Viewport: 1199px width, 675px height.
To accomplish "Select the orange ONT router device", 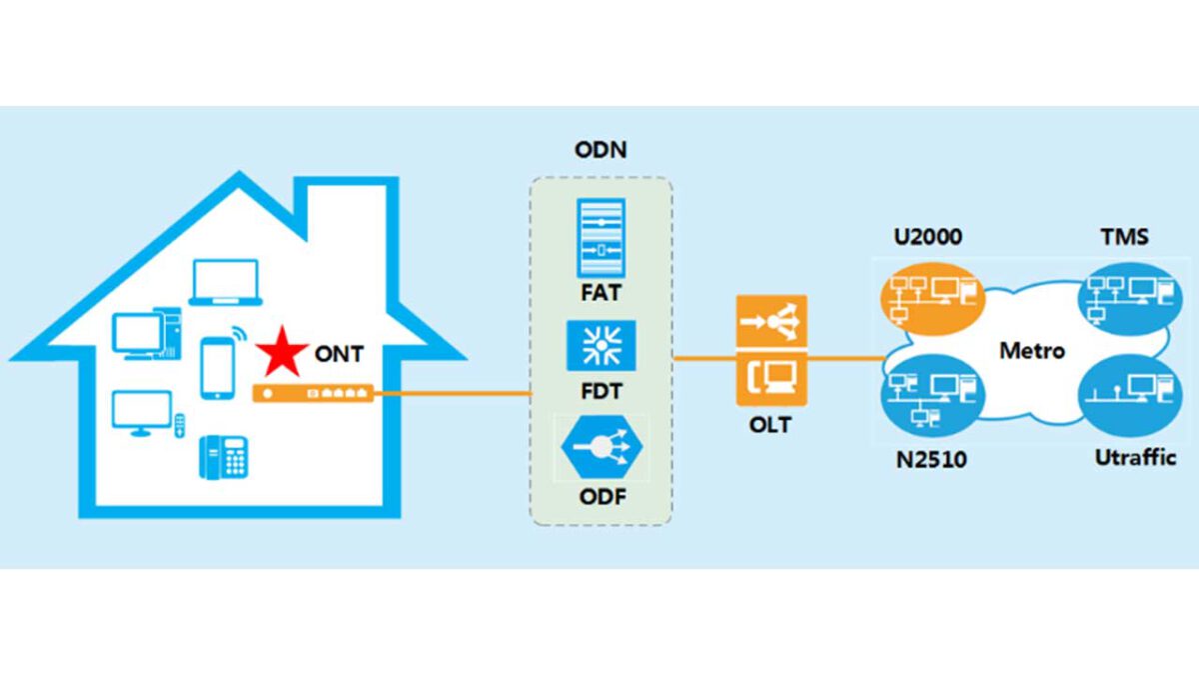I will (313, 393).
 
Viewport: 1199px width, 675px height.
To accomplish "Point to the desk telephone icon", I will (224, 458).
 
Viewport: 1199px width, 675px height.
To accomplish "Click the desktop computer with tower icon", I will (146, 335).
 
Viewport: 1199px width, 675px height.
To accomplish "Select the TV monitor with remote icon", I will (146, 415).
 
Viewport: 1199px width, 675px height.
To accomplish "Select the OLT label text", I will (770, 425).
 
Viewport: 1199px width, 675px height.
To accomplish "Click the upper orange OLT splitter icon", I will (771, 322).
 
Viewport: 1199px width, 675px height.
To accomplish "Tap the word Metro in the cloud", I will (1032, 351).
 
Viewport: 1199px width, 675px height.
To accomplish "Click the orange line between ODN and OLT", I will (704, 356).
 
